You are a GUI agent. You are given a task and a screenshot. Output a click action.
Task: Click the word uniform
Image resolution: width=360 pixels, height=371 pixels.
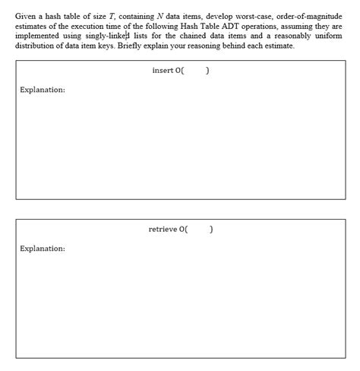(x=327, y=36)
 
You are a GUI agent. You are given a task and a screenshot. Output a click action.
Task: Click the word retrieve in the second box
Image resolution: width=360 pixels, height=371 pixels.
(x=163, y=229)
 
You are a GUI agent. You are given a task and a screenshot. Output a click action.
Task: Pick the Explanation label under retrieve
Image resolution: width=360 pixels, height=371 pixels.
(x=43, y=248)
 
